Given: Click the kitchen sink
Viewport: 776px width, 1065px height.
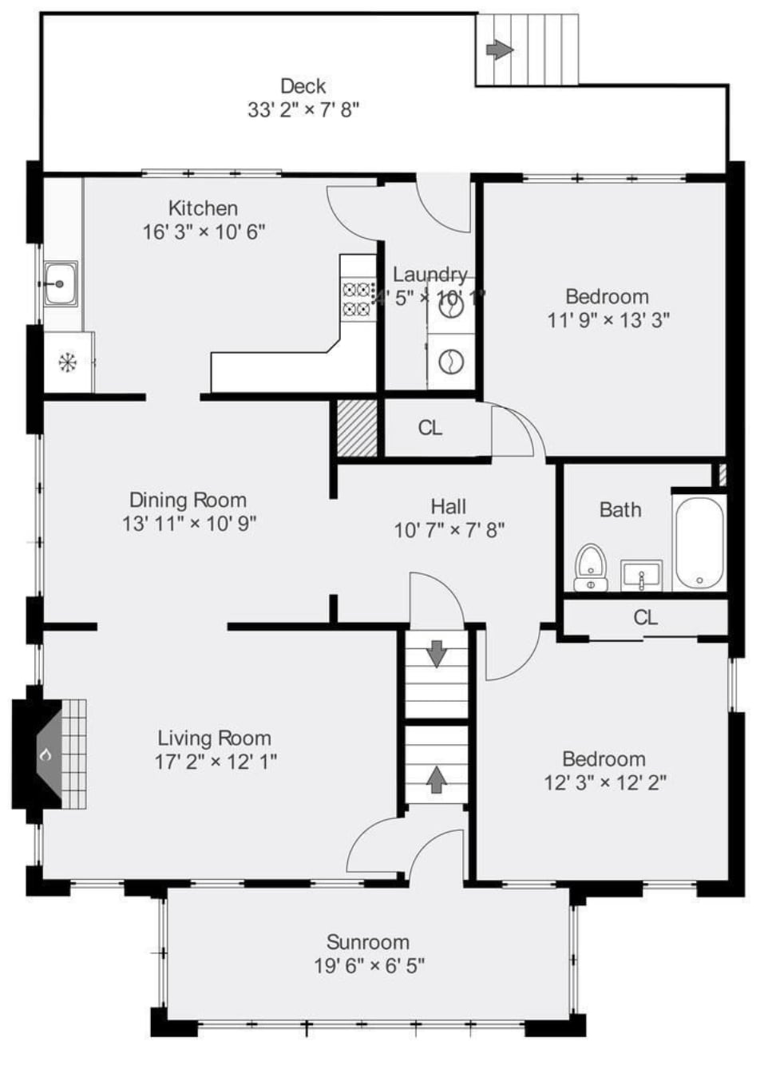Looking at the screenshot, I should pyautogui.click(x=60, y=284).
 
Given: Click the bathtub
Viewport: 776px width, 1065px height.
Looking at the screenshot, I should pyautogui.click(x=699, y=543).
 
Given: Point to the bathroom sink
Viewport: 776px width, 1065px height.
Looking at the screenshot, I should pyautogui.click(x=641, y=574).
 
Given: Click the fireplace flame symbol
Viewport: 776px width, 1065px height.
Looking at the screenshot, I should pyautogui.click(x=46, y=753).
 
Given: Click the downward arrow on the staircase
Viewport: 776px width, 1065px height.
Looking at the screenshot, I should pyautogui.click(x=437, y=653).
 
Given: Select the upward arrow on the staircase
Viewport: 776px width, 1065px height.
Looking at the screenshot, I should pyautogui.click(x=436, y=778).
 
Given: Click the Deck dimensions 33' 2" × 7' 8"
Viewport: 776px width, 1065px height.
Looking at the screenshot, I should pyautogui.click(x=303, y=109).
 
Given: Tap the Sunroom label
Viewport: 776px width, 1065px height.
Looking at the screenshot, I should pyautogui.click(x=368, y=942).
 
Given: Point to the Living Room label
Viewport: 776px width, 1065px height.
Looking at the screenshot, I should pyautogui.click(x=214, y=738).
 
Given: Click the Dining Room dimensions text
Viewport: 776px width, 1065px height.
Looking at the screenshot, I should pyautogui.click(x=189, y=524).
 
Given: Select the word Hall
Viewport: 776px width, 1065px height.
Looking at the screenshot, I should pyautogui.click(x=449, y=506).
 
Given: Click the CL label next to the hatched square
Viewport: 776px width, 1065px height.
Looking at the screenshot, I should pyautogui.click(x=430, y=428).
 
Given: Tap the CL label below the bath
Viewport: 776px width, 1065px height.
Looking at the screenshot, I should pyautogui.click(x=645, y=617).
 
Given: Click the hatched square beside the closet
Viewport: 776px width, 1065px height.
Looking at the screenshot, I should pyautogui.click(x=356, y=429).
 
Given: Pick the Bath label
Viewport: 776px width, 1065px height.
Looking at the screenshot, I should pyautogui.click(x=620, y=509).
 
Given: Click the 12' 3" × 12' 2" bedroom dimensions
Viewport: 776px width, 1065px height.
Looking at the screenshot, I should pyautogui.click(x=604, y=782).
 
